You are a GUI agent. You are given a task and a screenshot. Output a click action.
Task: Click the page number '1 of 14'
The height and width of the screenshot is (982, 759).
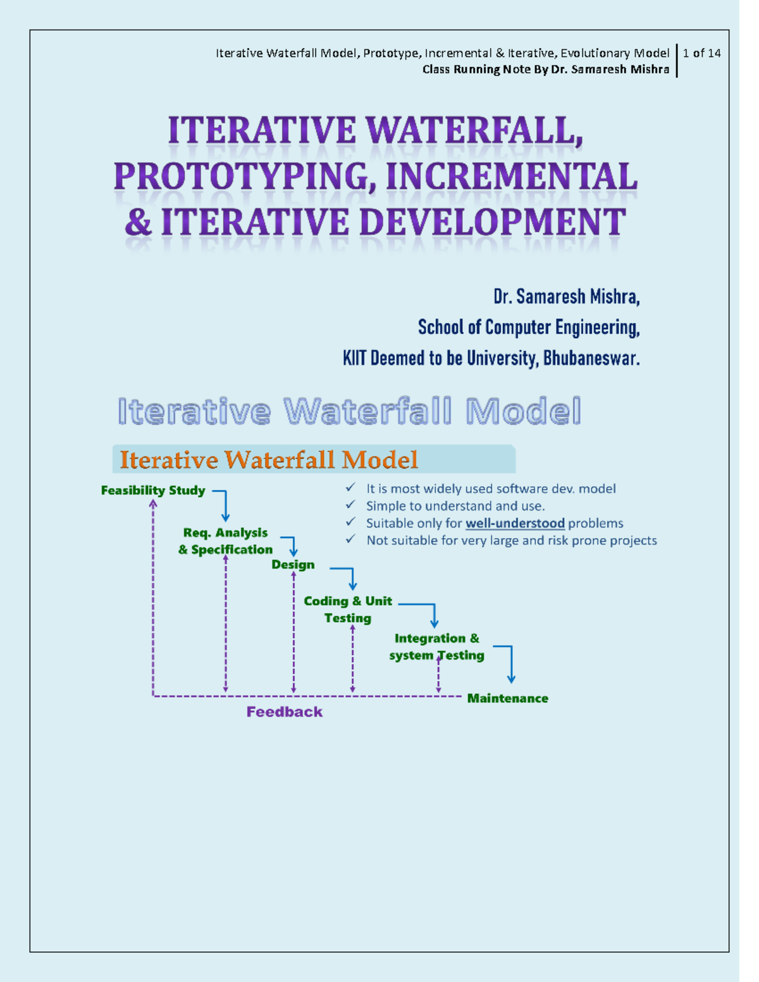(701, 53)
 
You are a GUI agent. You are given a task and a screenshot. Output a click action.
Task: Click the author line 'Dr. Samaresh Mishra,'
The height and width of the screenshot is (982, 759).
(566, 297)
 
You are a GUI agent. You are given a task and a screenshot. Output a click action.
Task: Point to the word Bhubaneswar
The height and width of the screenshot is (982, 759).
(591, 359)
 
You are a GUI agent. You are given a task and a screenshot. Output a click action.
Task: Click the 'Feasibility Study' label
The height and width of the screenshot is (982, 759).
(153, 491)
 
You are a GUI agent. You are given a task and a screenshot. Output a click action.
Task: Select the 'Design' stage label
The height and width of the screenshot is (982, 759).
(293, 565)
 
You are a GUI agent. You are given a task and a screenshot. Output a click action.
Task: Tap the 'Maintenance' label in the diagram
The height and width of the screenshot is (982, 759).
(507, 699)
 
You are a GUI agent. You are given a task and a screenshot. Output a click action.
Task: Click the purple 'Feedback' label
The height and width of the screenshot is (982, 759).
(284, 712)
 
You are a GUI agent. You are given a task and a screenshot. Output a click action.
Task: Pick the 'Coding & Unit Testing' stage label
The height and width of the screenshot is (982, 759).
(348, 610)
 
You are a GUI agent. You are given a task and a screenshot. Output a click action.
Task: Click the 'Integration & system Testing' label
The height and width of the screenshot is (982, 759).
(436, 647)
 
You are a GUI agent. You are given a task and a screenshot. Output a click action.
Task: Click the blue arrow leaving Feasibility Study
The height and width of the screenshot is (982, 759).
(223, 503)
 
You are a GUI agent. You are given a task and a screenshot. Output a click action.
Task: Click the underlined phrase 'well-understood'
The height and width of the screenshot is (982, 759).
(515, 524)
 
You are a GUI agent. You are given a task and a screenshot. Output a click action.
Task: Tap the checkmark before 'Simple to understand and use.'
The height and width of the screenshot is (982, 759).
(350, 505)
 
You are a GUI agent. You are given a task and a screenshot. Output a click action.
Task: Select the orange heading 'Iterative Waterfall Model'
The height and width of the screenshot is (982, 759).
(269, 460)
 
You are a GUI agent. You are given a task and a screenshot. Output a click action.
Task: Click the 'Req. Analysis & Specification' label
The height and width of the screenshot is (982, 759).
(225, 541)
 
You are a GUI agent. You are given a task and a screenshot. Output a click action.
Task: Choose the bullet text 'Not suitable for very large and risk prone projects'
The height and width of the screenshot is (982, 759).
(511, 541)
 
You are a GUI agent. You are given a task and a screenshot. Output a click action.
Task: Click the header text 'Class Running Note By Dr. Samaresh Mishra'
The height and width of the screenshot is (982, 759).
(545, 70)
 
